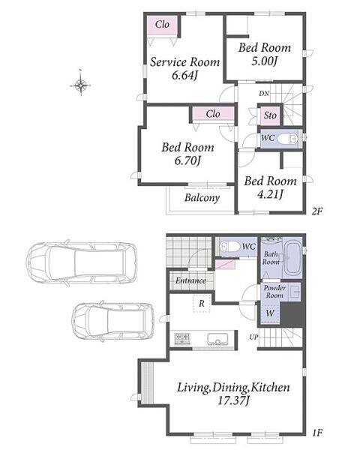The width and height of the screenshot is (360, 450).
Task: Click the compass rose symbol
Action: [81, 84]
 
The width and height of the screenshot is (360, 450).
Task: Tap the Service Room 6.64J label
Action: [184, 68]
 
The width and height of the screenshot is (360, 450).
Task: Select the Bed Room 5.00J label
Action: [265, 54]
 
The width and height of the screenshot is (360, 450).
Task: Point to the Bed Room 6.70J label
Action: [187, 154]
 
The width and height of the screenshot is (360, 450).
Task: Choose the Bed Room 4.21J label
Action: [271, 187]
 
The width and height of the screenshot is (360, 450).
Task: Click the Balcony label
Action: [202, 198]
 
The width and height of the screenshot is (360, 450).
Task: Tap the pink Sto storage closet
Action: [270, 115]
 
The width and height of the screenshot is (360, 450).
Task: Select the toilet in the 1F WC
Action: [229, 246]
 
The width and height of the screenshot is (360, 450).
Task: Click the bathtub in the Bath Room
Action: [292, 258]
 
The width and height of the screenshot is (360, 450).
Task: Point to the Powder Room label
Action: [274, 292]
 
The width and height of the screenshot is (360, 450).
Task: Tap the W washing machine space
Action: [270, 313]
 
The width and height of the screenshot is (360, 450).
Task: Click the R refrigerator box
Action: [202, 303]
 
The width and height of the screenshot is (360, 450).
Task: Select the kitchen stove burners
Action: [181, 338]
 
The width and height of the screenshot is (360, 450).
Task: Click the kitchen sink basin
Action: [217, 339]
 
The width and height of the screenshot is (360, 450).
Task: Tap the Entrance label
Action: [190, 280]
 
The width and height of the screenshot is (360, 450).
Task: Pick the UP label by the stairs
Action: [253, 337]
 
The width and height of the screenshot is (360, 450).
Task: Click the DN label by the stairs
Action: [264, 94]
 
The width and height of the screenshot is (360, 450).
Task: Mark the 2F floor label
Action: [317, 211]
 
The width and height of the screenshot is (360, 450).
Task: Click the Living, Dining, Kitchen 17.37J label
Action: [233, 394]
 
